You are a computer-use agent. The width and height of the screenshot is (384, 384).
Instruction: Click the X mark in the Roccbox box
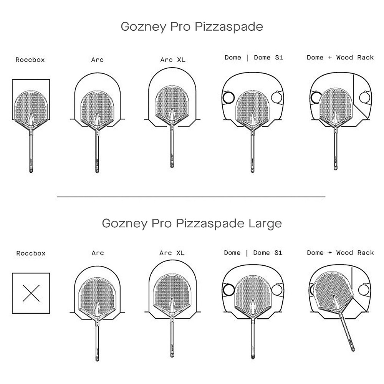31,293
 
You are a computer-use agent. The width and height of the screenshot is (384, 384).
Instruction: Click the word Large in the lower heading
265,223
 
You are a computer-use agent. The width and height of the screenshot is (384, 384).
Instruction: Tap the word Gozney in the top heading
144,27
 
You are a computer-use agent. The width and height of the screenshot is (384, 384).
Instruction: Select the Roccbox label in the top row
30,60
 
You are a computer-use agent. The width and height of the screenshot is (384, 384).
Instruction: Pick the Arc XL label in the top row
173,60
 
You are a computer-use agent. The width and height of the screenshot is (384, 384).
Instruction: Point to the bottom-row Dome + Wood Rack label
340,253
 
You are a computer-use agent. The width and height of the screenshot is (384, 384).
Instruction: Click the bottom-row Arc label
98,253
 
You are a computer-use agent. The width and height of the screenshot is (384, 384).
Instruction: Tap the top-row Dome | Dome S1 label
254,58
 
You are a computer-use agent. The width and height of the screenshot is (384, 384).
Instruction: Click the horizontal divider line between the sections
191,196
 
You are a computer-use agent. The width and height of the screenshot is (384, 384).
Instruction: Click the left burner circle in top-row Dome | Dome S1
229,98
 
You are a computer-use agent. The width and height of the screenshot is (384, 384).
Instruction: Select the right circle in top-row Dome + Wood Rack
365,98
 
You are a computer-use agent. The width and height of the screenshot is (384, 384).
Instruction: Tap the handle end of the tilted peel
353,349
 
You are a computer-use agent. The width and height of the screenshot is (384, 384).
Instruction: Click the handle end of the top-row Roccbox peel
31,171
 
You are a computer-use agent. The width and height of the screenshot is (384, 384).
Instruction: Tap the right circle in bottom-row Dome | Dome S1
277,290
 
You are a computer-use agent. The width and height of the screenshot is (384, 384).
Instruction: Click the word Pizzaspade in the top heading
229,27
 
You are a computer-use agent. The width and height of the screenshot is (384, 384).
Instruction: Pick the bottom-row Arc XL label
172,253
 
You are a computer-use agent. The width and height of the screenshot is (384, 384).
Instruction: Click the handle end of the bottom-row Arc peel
97,359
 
